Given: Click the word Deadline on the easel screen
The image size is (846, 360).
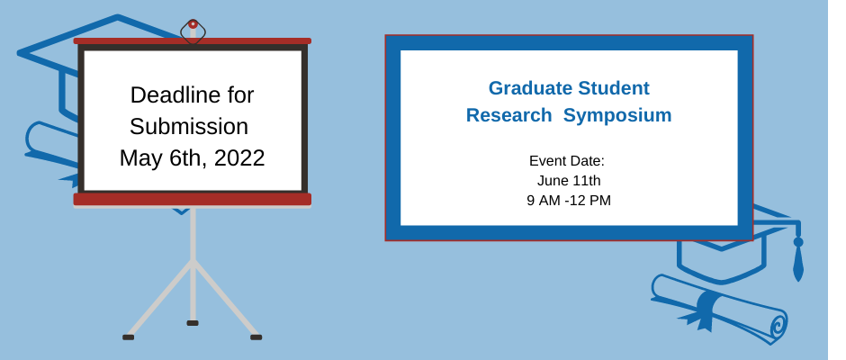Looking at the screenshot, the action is (x=175, y=95).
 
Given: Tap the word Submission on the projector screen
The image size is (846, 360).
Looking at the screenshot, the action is (x=189, y=126).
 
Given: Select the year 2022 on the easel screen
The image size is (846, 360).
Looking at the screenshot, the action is (x=239, y=158).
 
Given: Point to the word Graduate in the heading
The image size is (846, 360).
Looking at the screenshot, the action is (x=530, y=88).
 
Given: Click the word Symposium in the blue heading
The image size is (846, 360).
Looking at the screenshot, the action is (x=617, y=115).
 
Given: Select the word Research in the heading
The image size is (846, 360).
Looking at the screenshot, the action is (x=508, y=115).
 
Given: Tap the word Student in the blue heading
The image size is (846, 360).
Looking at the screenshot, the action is (x=614, y=88).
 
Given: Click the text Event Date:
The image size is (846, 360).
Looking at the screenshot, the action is (x=566, y=161).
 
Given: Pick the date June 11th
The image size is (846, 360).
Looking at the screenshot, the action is (x=569, y=180).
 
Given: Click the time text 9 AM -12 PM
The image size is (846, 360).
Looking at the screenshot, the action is (x=569, y=200).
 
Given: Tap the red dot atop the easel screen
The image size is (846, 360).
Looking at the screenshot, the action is (x=193, y=24).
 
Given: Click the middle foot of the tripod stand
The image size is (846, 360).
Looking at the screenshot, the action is (x=193, y=323).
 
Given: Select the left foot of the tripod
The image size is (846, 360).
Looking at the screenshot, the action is (x=129, y=337).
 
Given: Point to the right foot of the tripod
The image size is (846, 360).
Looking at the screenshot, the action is (x=256, y=337).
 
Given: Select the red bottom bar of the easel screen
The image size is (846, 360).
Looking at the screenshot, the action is (x=193, y=199).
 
